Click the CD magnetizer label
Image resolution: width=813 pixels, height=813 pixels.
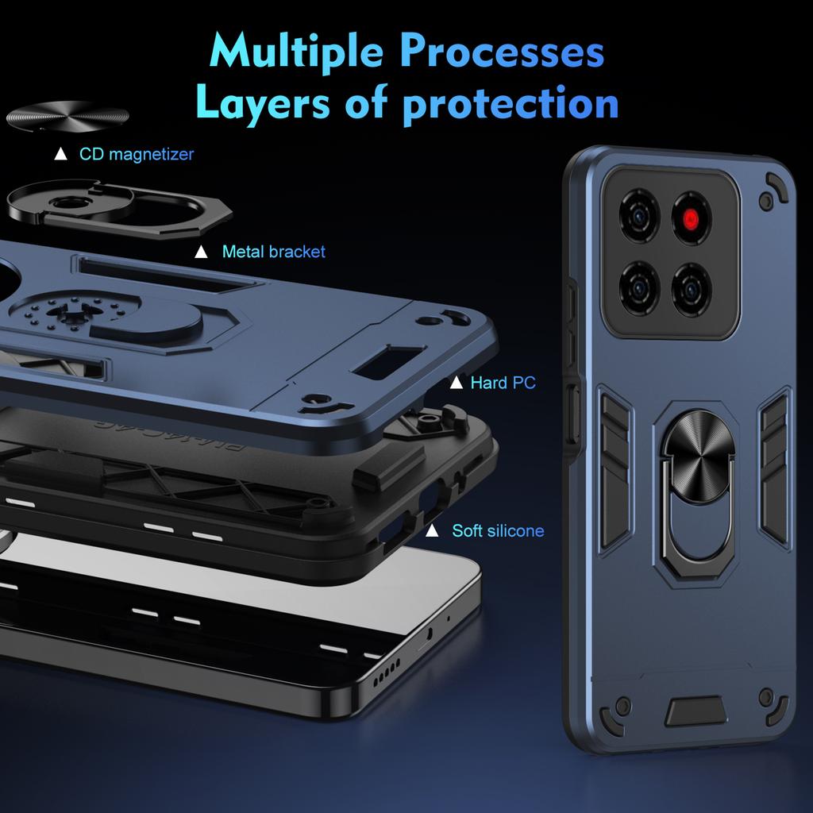click(136, 154)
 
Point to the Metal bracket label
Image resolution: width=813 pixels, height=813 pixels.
click(274, 252)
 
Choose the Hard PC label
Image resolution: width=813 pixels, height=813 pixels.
click(503, 383)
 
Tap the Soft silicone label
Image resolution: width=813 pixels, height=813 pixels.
click(498, 530)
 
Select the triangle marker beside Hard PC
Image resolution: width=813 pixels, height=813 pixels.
click(456, 383)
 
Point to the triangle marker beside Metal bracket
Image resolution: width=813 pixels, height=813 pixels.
click(202, 252)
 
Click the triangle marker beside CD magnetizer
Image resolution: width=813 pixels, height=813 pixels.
click(60, 154)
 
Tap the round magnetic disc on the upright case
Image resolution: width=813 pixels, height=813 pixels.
click(688, 447)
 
